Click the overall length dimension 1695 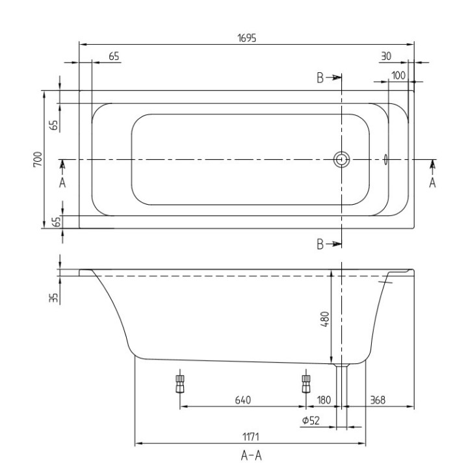tap(246, 38)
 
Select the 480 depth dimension tap(325, 319)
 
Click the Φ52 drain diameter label tap(310, 421)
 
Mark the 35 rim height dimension tap(54, 297)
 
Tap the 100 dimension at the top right tap(398, 75)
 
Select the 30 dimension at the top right tap(386, 57)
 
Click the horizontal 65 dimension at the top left tap(114, 57)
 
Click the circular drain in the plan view tap(342, 159)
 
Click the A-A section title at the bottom tap(252, 456)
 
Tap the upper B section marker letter tap(320, 78)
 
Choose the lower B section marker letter tap(320, 244)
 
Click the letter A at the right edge tap(432, 183)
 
